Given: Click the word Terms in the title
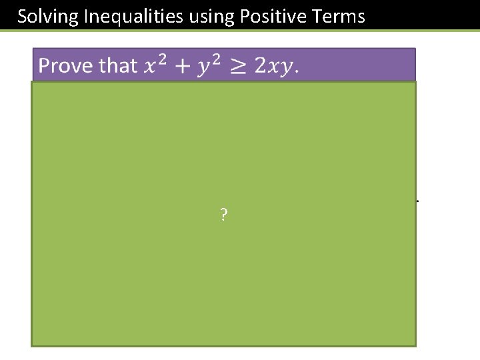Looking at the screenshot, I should (x=339, y=16).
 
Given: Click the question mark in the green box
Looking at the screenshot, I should (x=223, y=215).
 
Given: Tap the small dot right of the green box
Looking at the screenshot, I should (x=417, y=200).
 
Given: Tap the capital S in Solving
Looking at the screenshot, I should (x=23, y=16).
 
